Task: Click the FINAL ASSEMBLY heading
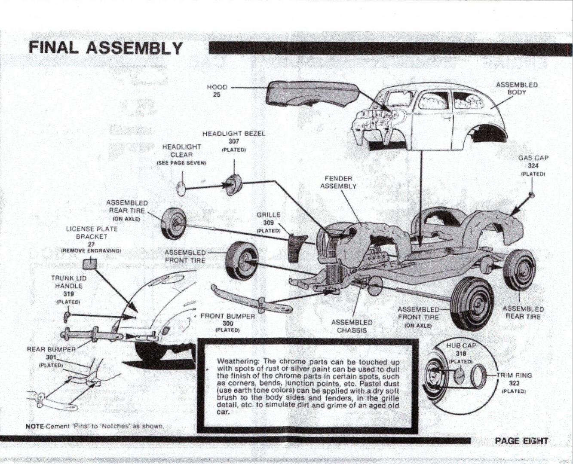[106, 47]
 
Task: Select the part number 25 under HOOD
[217, 95]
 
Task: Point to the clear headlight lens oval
[181, 188]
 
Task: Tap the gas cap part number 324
[533, 166]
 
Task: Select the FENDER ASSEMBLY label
[338, 182]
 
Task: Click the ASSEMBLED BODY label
[516, 88]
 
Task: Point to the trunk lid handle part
[67, 317]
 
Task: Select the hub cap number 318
[460, 353]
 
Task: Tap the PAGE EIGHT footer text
[521, 441]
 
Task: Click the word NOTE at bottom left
[35, 426]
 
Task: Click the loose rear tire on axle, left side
[173, 223]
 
